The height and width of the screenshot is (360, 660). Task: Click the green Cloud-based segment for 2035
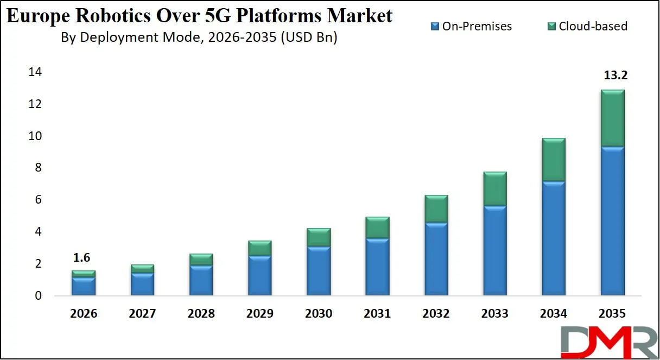click(x=612, y=118)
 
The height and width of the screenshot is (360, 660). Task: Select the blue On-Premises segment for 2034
click(x=553, y=238)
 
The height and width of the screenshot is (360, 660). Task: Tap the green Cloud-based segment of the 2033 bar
click(x=494, y=188)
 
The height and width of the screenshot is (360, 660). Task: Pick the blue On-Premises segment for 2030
click(x=319, y=271)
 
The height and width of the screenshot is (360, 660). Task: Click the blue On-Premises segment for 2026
click(x=84, y=286)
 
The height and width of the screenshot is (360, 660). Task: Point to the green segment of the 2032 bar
click(x=436, y=209)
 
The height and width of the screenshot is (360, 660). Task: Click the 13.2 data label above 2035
click(x=615, y=75)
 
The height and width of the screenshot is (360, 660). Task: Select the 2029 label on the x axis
click(x=259, y=314)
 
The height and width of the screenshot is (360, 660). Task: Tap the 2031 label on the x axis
click(x=377, y=314)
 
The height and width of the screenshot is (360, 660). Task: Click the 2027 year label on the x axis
click(x=142, y=314)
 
